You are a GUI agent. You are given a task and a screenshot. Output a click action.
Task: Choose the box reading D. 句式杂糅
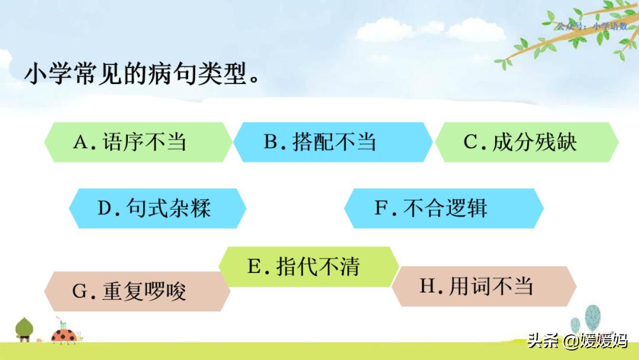[157, 208]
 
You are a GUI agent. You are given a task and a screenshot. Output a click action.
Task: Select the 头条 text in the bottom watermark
[543, 342]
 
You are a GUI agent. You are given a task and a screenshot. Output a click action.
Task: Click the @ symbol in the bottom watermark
[569, 342]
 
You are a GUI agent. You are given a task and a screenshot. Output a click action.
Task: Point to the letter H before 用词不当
[427, 287]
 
